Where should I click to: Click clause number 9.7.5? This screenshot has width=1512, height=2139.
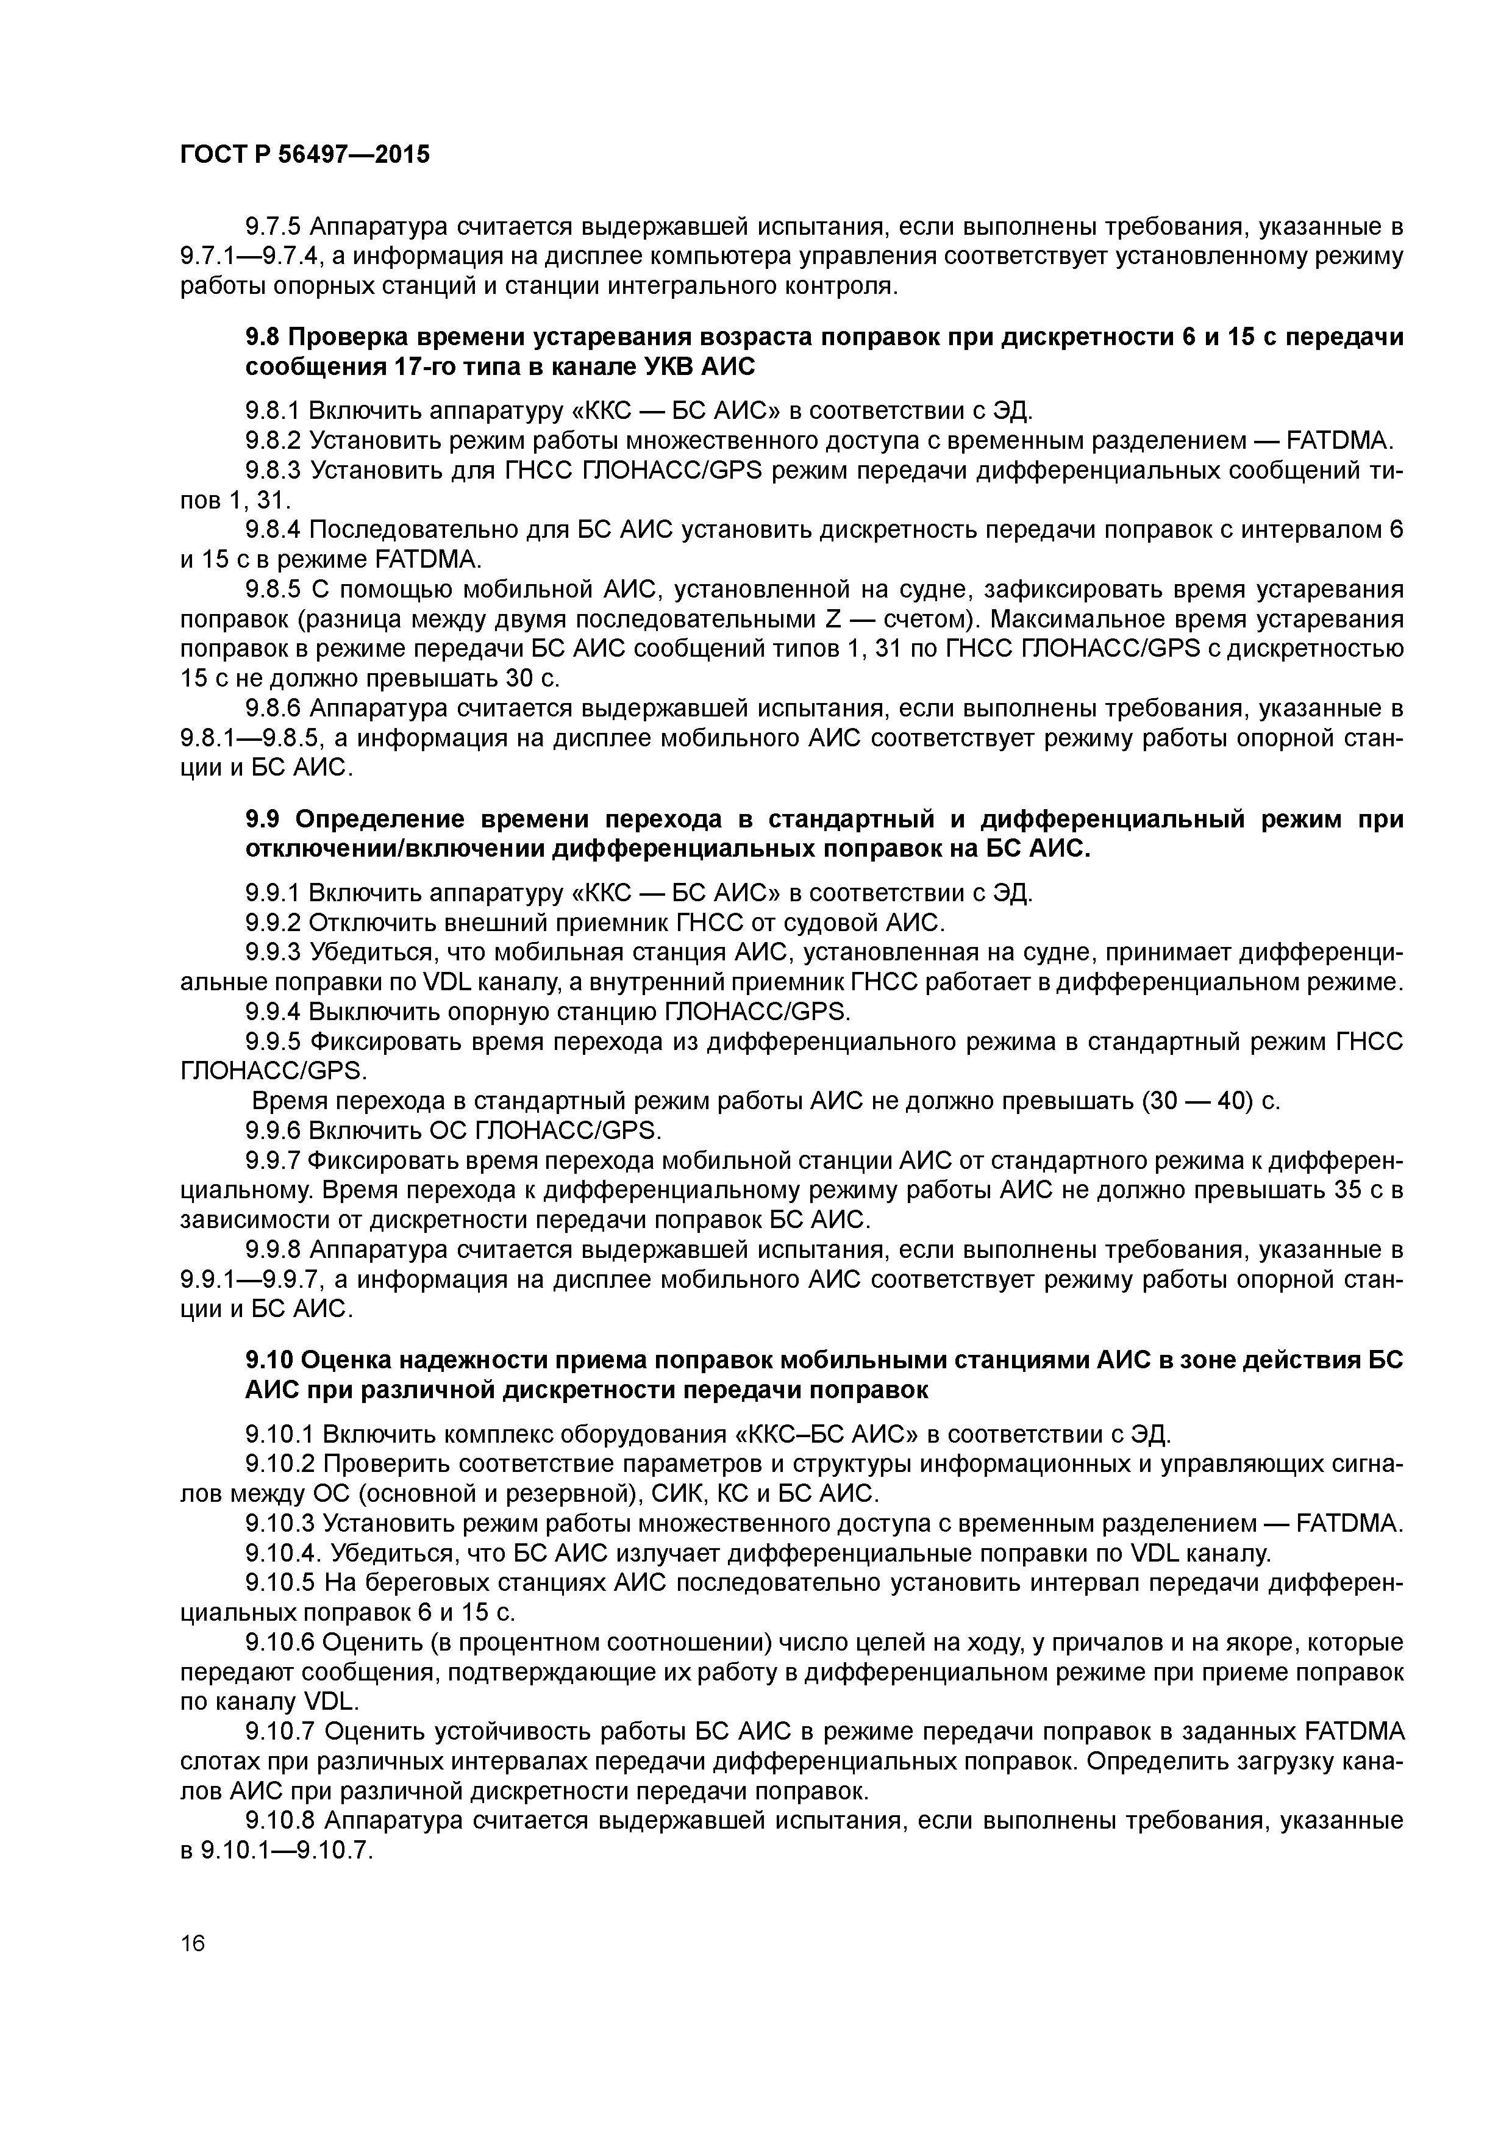[x=273, y=226]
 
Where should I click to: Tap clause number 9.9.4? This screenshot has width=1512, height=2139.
[x=273, y=1012]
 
